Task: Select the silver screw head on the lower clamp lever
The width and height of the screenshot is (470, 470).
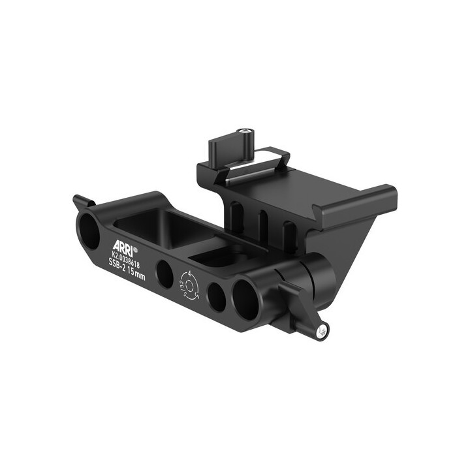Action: point(321,332)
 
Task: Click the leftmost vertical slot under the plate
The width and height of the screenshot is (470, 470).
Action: point(236,215)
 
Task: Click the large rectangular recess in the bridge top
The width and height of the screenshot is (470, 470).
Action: point(163,225)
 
